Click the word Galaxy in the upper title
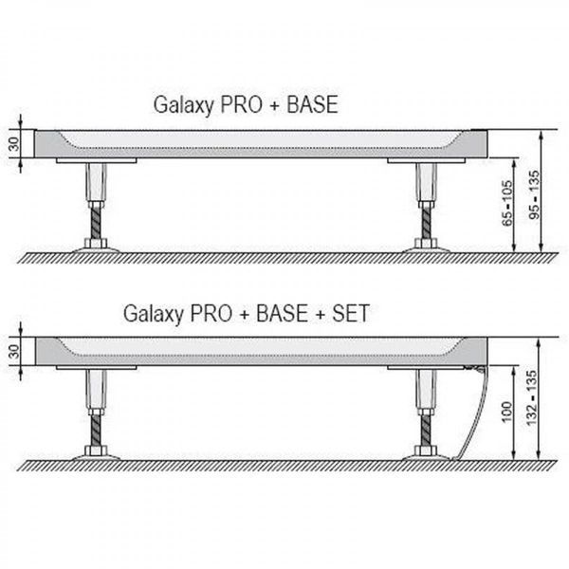[183, 105]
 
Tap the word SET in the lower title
[351, 313]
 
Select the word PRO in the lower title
[211, 313]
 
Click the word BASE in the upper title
[312, 104]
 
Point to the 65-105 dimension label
[507, 203]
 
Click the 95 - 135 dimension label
[534, 194]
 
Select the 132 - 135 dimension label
[531, 398]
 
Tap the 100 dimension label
[506, 413]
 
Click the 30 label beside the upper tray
[14, 144]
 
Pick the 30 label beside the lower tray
[14, 351]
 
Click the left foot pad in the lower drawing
[96, 457]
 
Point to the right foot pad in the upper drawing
[426, 249]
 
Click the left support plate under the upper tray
[96, 160]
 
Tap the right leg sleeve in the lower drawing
[426, 389]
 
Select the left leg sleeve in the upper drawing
[96, 181]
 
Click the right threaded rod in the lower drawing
[426, 431]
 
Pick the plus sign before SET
[321, 314]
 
